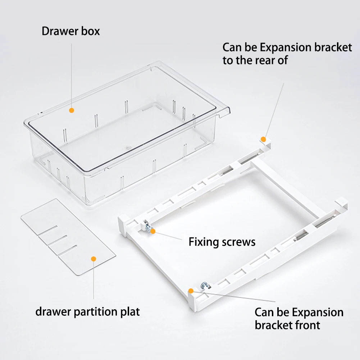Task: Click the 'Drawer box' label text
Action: point(71,31)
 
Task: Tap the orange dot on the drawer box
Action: point(72,110)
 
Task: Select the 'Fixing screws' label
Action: point(222,242)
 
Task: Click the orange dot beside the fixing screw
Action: point(153,231)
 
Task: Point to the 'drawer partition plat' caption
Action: point(87,312)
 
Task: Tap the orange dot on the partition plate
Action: point(94,259)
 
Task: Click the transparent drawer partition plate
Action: point(68,237)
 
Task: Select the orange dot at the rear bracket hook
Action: point(263,140)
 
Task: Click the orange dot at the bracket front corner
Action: point(191,291)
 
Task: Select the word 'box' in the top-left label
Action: point(91,31)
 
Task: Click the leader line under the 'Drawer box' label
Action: point(72,76)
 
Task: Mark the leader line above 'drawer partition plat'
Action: point(94,280)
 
